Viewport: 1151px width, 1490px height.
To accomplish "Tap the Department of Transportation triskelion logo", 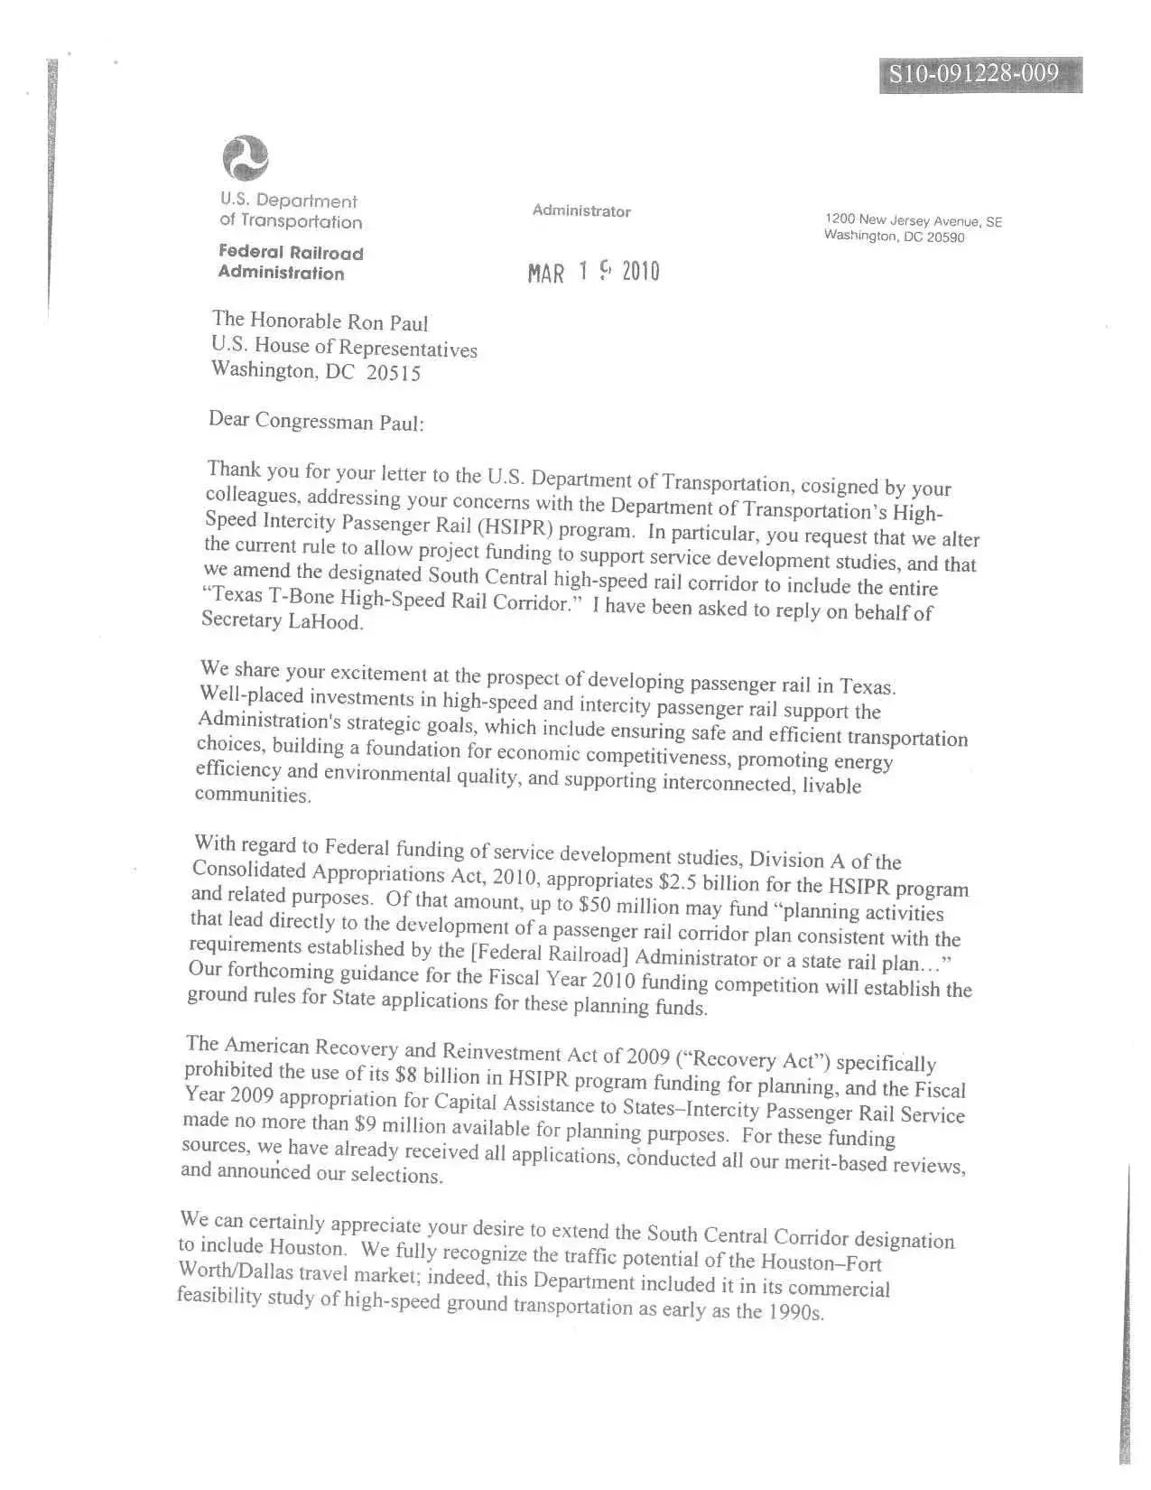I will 246,159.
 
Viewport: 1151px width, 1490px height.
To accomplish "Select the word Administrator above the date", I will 581,211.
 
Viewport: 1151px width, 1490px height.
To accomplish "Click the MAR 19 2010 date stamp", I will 594,272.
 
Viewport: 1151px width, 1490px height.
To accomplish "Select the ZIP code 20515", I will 394,374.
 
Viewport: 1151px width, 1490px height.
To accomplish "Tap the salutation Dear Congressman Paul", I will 315,421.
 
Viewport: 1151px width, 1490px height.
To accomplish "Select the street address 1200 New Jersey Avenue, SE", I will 913,220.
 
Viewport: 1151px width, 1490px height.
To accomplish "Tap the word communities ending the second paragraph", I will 253,795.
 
